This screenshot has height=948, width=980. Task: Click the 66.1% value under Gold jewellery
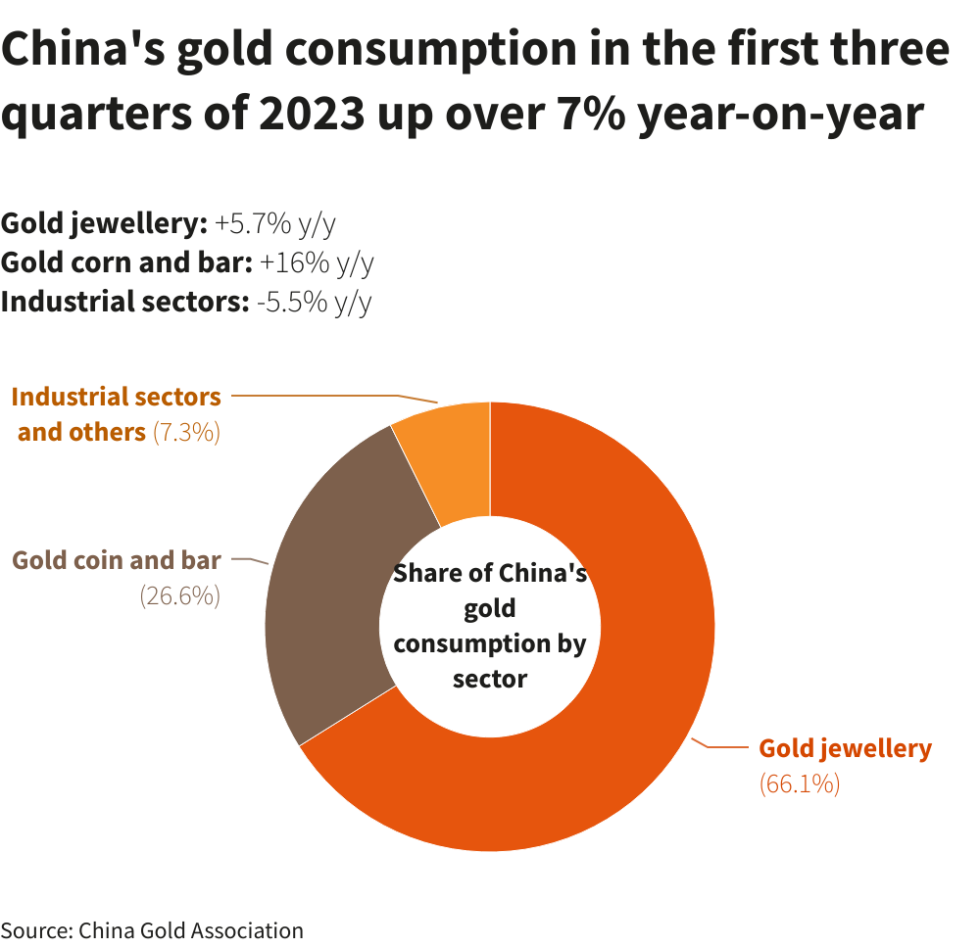coord(800,783)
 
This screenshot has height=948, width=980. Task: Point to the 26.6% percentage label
coord(179,595)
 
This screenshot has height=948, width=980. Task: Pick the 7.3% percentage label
coord(186,432)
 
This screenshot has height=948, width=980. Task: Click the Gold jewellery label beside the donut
coord(845,748)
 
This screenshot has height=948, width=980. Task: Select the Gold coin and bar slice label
coord(116,560)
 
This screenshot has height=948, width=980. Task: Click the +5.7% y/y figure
coord(275,224)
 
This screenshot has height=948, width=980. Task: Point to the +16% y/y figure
coord(317,262)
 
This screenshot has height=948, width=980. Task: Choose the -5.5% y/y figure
coord(314,302)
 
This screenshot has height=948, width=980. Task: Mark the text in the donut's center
coord(490,625)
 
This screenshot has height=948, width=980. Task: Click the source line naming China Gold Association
coord(152,929)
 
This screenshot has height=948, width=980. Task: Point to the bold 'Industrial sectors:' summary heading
coord(124,302)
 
